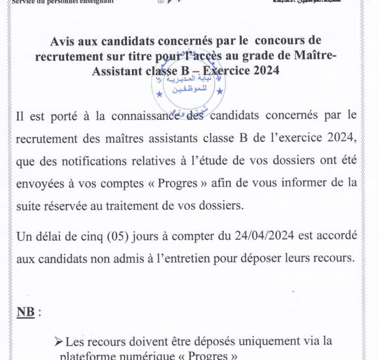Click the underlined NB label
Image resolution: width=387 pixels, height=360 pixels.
pyautogui.click(x=26, y=312)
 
